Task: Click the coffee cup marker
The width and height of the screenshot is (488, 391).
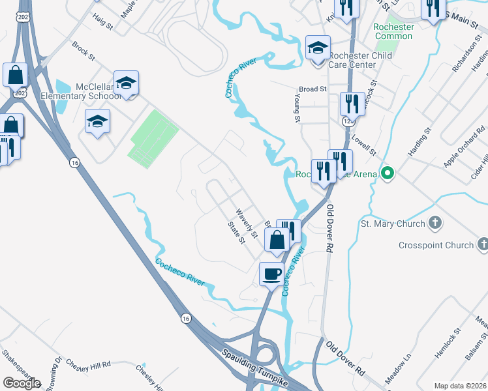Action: [x=271, y=274]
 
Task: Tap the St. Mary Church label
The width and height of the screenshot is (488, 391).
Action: [x=392, y=224]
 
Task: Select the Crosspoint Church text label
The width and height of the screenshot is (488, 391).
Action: [x=436, y=245]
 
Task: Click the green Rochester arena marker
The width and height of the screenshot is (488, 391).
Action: [x=388, y=174]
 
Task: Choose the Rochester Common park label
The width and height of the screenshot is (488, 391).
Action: [x=393, y=32]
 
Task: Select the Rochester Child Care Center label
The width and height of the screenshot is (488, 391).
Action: [x=360, y=61]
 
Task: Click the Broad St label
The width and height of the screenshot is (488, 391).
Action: [x=313, y=89]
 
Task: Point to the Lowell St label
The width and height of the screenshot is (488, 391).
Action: [x=363, y=141]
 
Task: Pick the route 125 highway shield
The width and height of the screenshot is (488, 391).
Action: [x=348, y=121]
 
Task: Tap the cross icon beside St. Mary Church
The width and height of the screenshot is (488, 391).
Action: [x=436, y=224]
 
